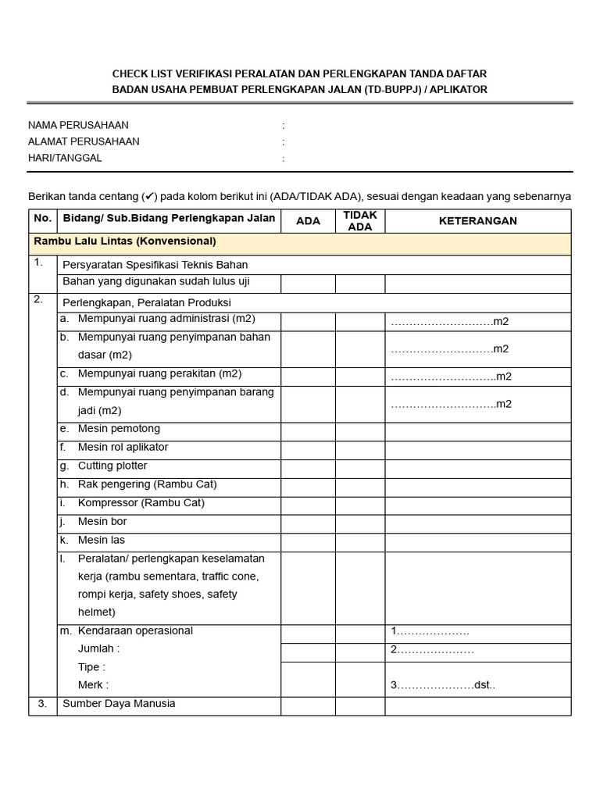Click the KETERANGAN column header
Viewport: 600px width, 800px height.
coord(477,221)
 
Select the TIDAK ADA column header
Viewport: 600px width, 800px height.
coord(360,221)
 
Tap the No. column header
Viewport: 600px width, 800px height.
coord(42,220)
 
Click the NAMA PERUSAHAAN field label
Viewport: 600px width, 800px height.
coord(78,125)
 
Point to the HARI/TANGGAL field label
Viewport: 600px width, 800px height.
coord(65,158)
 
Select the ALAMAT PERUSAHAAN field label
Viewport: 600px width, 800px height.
coord(84,141)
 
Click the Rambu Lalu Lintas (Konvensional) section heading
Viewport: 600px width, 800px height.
coord(125,241)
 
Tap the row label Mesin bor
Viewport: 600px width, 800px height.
coord(102,521)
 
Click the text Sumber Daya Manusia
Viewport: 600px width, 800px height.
coord(119,704)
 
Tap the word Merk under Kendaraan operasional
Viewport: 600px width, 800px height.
coord(93,685)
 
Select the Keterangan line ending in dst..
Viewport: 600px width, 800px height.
coord(443,686)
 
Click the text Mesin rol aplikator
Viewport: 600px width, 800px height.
coord(123,448)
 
